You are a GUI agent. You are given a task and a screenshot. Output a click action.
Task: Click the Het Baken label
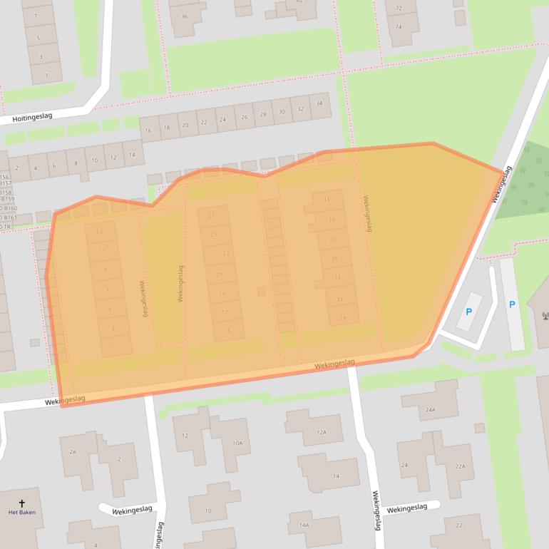pyautogui.click(x=21, y=512)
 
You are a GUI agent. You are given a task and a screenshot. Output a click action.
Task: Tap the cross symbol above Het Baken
pyautogui.click(x=21, y=503)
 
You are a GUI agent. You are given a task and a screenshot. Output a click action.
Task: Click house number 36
pyautogui.click(x=185, y=16)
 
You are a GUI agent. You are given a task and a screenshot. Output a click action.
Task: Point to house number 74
pyautogui.click(x=398, y=26)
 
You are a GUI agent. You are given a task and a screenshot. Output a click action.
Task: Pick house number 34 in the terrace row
pyautogui.click(x=319, y=104)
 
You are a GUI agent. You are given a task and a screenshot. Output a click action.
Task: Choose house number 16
pyautogui.click(x=148, y=130)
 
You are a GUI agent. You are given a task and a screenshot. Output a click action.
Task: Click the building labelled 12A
pyautogui.click(x=321, y=432)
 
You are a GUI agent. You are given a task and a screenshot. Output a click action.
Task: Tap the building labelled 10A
pyautogui.click(x=237, y=443)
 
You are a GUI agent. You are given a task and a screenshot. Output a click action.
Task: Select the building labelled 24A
pyautogui.click(x=430, y=410)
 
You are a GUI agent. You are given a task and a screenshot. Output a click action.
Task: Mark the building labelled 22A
pyautogui.click(x=460, y=466)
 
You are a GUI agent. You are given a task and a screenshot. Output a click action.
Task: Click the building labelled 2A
pyautogui.click(x=73, y=452)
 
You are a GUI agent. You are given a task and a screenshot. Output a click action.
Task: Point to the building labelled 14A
pyautogui.click(x=304, y=525)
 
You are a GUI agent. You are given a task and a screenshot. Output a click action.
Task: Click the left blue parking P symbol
pyautogui.click(x=468, y=312)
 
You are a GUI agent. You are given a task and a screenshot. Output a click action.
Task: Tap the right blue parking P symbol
pyautogui.click(x=512, y=304)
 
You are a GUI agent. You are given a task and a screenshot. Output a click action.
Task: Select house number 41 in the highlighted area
pyautogui.click(x=327, y=200)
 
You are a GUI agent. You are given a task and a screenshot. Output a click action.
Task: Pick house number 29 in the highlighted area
pyautogui.click(x=343, y=318)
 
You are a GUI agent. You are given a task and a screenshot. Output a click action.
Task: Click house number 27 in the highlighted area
pyautogui.click(x=210, y=215)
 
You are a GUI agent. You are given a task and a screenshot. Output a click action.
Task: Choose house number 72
pyautogui.click(x=398, y=9)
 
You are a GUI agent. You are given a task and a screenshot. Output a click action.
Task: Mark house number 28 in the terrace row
pyautogui.click(x=262, y=114)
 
